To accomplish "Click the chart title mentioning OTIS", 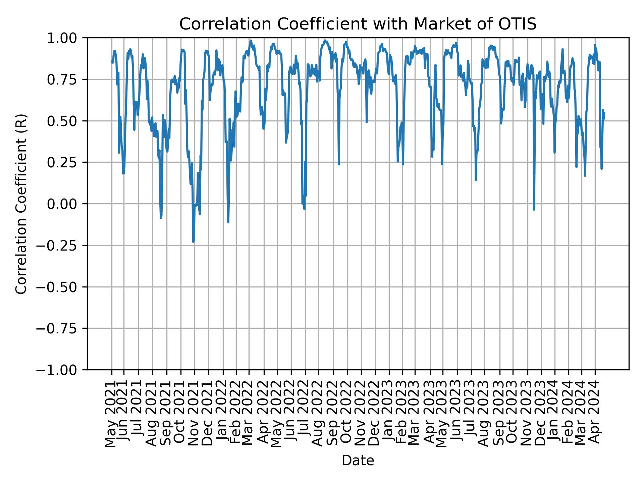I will (x=358, y=24).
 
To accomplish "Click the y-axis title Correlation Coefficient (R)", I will (x=21, y=204).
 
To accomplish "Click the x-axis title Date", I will (x=358, y=461).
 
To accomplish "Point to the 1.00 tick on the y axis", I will (x=66, y=38).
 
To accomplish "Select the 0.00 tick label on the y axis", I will (x=66, y=204).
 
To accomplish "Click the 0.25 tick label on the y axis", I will (x=66, y=162).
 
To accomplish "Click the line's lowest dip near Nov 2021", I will (x=193, y=241).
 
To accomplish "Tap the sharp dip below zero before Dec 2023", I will (x=534, y=210).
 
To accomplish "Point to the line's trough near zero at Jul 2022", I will (x=304, y=209).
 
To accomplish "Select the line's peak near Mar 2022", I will (x=251, y=41).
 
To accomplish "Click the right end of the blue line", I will (x=604, y=112).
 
